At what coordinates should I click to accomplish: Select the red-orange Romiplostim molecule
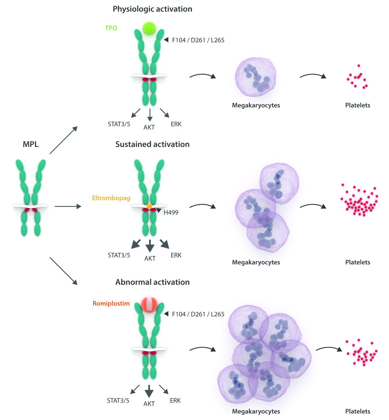[x=149, y=304]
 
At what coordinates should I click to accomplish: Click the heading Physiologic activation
[x=152, y=9]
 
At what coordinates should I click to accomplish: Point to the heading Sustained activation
[x=152, y=144]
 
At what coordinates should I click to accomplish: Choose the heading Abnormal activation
[x=152, y=282]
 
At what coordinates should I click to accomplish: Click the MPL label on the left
[x=31, y=144]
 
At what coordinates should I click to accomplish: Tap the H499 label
[x=171, y=213]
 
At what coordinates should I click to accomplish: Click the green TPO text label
[x=111, y=28]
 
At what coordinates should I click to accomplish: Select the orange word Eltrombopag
[x=111, y=198]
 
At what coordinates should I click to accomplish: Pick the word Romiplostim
[x=111, y=304]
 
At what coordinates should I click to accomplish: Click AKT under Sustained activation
[x=150, y=259]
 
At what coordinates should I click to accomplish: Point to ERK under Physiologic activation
[x=176, y=124]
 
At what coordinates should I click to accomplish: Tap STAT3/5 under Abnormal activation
[x=118, y=401]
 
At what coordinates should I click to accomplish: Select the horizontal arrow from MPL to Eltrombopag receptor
[x=68, y=206]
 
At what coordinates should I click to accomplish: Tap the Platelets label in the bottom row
[x=357, y=411]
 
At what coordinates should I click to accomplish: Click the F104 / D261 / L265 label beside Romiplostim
[x=198, y=314]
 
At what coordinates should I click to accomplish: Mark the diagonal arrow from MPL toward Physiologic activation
[x=63, y=140]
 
